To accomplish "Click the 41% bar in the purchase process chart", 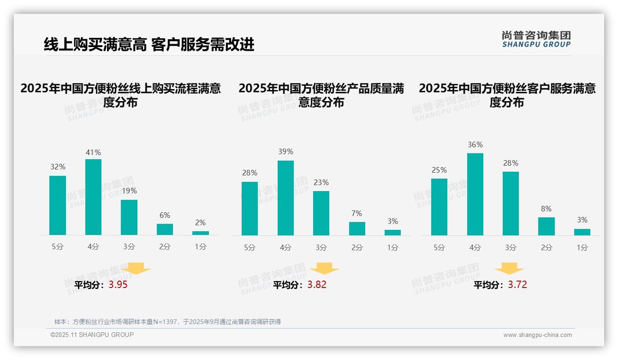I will coord(93,197).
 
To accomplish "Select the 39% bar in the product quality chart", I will coord(285,198).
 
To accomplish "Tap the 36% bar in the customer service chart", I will coord(475,194).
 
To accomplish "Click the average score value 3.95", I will coord(118,285).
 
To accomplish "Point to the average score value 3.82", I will coord(317,285).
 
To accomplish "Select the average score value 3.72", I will coord(517,285).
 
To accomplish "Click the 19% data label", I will coord(129,191).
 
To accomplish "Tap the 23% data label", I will coord(321,182).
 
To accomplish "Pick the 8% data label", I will coord(546,209).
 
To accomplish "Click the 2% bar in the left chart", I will coord(201,233).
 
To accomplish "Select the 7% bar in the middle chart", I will coord(357,228).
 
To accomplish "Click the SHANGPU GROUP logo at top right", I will coord(536,39).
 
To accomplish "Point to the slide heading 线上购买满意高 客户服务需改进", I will coord(149,45).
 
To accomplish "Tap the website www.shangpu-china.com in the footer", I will coord(537,335).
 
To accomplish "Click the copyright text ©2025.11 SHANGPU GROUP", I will coord(92,335).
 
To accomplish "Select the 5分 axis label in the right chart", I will coord(439,247).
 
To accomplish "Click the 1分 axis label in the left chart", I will coord(201,246).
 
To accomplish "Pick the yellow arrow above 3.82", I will coord(325,269).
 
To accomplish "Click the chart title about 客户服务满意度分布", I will coord(507,95).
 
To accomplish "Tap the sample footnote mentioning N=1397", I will coord(167,322).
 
